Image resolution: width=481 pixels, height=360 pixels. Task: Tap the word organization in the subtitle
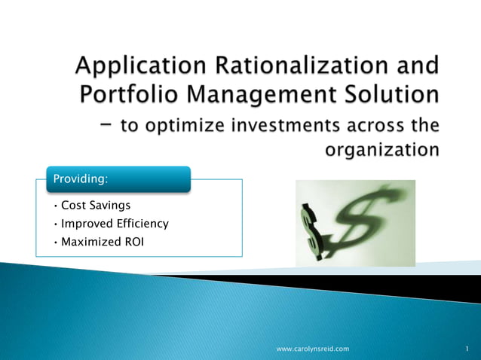pyautogui.click(x=381, y=150)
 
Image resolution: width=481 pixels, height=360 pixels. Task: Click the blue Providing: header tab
pyautogui.click(x=127, y=179)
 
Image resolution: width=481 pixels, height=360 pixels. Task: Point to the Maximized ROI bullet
pyautogui.click(x=102, y=243)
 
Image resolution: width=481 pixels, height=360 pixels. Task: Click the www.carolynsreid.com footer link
pyautogui.click(x=313, y=349)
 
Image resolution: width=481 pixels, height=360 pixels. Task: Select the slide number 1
pyautogui.click(x=467, y=349)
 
